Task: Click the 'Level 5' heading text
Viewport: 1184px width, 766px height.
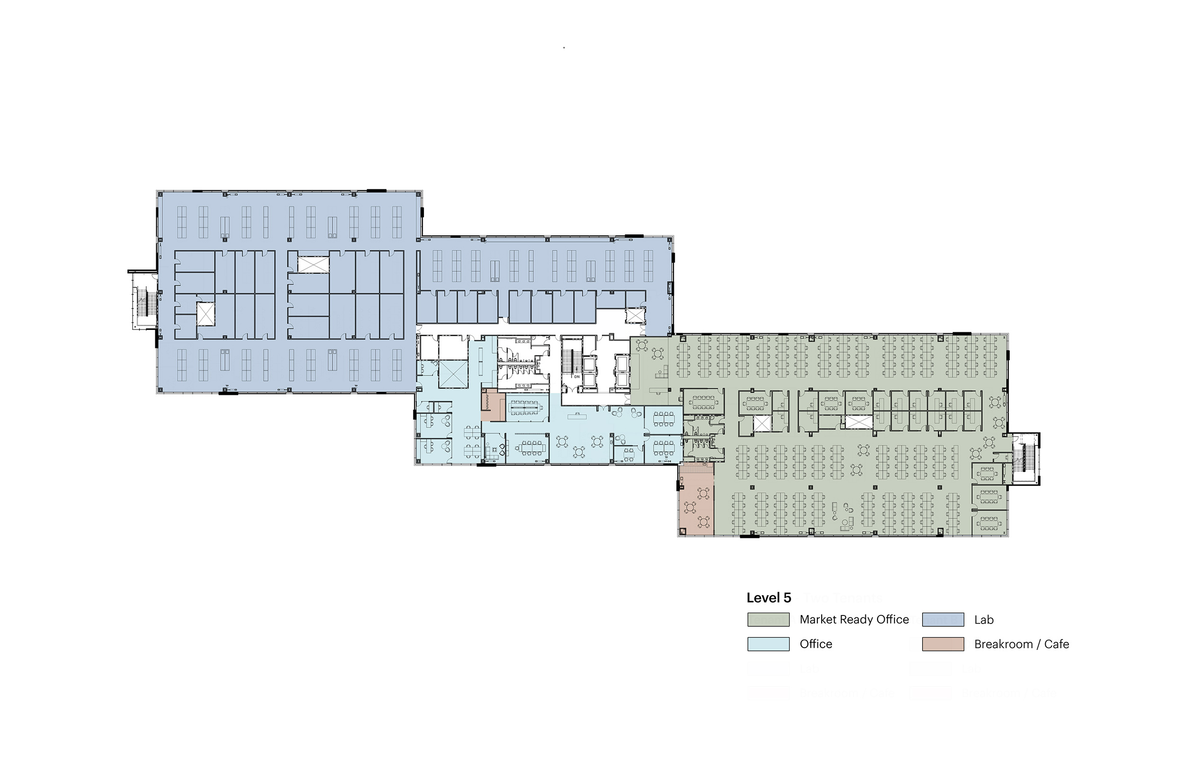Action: [x=769, y=597]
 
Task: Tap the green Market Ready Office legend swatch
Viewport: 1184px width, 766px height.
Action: [x=768, y=619]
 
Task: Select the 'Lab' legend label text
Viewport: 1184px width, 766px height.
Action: [x=984, y=620]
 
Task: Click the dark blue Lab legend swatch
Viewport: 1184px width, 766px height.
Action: [x=943, y=619]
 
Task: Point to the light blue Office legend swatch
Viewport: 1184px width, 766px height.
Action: [x=768, y=644]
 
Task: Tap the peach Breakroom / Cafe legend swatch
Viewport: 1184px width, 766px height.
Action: [x=943, y=644]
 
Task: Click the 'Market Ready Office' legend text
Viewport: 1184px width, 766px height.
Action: [x=854, y=619]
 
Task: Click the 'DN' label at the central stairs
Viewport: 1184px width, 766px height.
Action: [x=577, y=376]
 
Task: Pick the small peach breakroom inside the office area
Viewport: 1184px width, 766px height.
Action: [x=493, y=406]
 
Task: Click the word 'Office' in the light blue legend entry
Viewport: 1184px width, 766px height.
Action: [x=816, y=644]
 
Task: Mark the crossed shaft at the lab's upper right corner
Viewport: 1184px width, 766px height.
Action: [x=635, y=315]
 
